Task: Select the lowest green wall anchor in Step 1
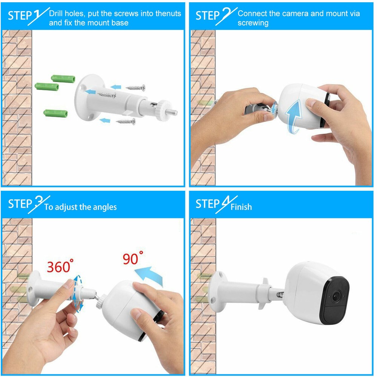pos(55,113)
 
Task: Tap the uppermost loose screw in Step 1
pos(136,87)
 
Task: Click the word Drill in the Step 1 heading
pos(57,14)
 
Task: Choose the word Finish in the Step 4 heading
pos(241,207)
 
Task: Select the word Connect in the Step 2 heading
pos(252,14)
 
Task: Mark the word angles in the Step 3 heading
pos(104,207)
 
